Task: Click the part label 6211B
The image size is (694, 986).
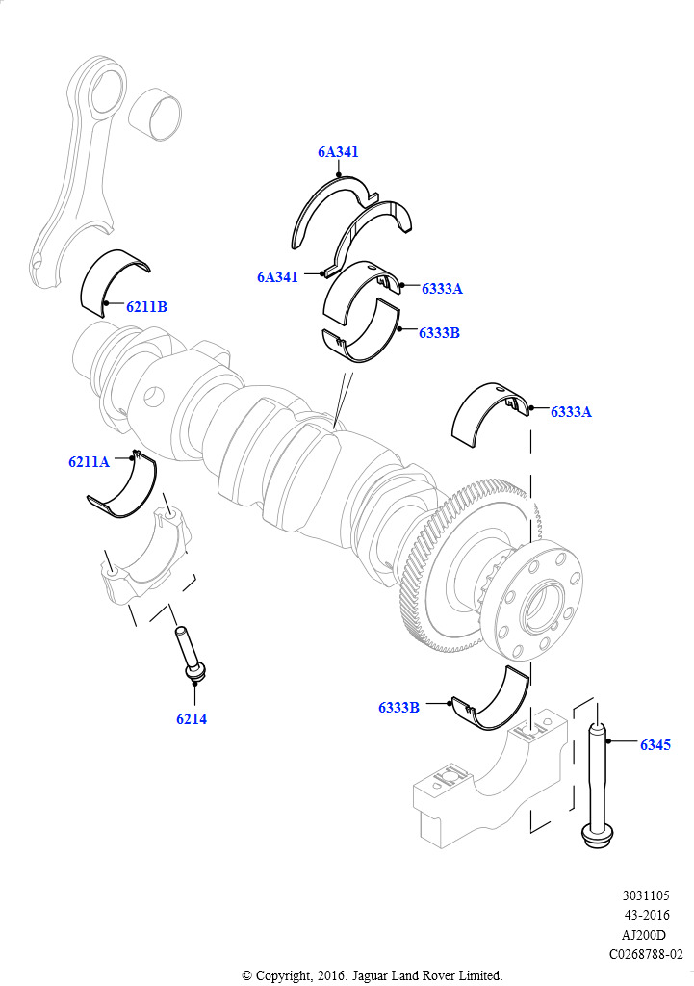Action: pyautogui.click(x=146, y=307)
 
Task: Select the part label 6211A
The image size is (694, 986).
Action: pyautogui.click(x=89, y=461)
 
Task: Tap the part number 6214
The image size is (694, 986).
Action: pyautogui.click(x=192, y=718)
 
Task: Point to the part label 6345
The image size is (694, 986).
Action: pyautogui.click(x=655, y=744)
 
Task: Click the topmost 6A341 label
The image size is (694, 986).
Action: pyautogui.click(x=338, y=151)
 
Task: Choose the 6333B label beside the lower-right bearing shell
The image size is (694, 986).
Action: pyautogui.click(x=398, y=707)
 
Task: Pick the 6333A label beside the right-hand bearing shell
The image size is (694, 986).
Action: pyautogui.click(x=571, y=412)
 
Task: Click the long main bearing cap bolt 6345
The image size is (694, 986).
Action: pyautogui.click(x=597, y=786)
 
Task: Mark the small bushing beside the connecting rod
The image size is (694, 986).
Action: pyautogui.click(x=155, y=112)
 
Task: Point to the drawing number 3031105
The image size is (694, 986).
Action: pyautogui.click(x=646, y=895)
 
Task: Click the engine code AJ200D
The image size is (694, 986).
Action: pyautogui.click(x=644, y=934)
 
